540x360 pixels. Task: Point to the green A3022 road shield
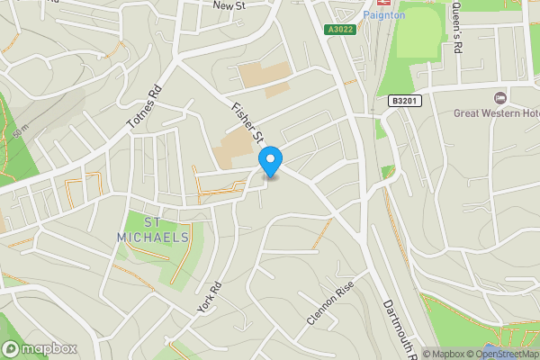(x=338, y=30)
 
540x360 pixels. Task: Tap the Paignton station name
(x=384, y=15)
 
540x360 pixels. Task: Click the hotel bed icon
(x=501, y=97)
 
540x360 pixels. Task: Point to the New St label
(x=229, y=5)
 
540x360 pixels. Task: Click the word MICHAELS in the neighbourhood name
(x=153, y=237)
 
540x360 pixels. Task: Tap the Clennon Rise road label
(x=331, y=306)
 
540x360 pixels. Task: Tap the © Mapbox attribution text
(x=445, y=354)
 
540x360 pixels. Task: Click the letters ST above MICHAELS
(x=153, y=221)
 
